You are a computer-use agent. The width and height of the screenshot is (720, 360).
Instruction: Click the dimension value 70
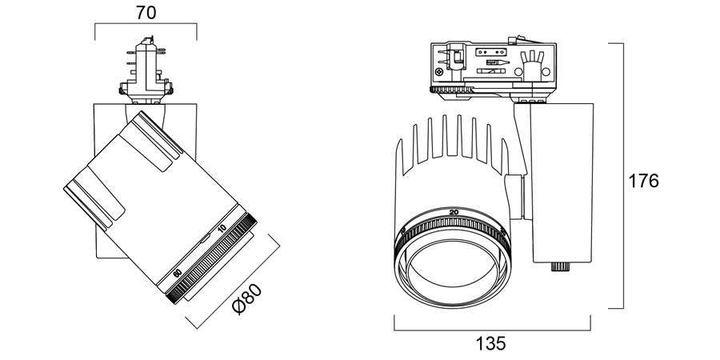146,13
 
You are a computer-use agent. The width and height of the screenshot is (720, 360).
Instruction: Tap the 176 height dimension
642,181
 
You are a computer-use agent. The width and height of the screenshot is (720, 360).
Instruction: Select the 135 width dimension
490,343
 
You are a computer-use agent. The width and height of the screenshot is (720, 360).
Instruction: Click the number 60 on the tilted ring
177,273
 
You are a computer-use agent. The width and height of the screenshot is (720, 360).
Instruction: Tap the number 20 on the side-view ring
454,211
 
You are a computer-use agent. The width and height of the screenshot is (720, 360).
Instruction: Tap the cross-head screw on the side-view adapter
440,72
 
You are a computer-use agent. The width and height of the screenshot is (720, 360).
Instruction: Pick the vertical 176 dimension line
622,176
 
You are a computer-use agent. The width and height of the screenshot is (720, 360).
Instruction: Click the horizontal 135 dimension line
491,328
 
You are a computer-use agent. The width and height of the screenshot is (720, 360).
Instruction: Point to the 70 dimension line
146,25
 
